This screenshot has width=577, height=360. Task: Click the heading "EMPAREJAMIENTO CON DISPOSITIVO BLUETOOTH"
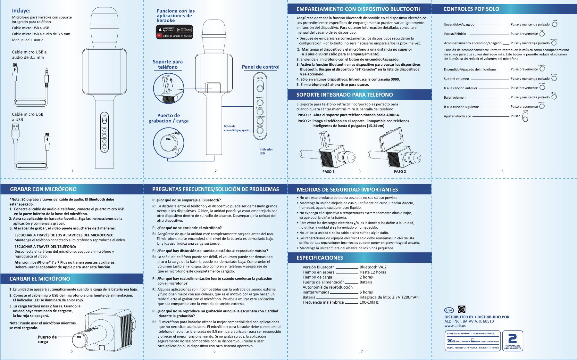(358, 9)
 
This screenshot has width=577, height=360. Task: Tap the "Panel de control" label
(260, 67)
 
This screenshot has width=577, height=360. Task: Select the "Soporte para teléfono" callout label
(168, 64)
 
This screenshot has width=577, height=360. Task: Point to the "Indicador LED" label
(266, 151)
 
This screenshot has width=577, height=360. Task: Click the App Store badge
(166, 30)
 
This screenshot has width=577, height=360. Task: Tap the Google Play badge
(184, 30)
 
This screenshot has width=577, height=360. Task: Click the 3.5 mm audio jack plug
(47, 77)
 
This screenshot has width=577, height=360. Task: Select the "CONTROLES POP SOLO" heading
(471, 9)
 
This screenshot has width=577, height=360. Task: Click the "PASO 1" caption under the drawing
(328, 172)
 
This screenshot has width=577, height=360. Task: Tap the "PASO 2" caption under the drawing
(400, 172)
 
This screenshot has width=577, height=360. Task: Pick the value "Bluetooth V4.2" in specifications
(373, 267)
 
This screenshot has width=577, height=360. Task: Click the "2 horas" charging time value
(366, 277)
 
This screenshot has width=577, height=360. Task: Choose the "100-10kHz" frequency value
(369, 302)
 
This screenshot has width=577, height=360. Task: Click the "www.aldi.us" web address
(455, 326)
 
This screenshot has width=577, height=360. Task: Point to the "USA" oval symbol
(449, 310)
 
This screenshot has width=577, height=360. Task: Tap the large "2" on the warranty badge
(513, 339)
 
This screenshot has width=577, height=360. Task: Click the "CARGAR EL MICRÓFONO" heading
(40, 279)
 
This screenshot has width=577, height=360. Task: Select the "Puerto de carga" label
(47, 339)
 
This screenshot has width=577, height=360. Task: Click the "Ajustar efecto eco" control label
(457, 116)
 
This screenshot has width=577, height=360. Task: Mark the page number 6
(214, 351)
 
